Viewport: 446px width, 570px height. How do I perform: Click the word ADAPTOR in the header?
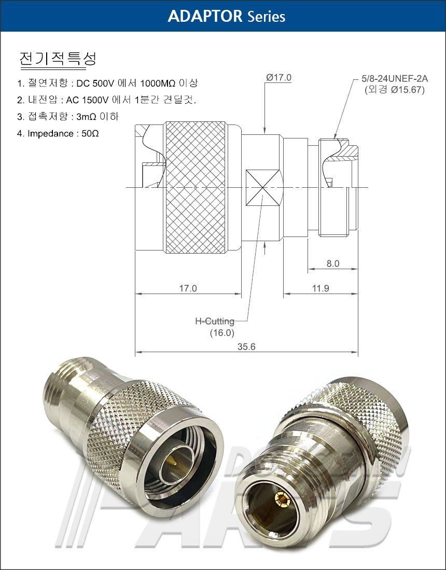coord(205,17)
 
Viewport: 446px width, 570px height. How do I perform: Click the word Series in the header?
coord(266,17)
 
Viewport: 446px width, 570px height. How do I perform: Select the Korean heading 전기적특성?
coord(58,58)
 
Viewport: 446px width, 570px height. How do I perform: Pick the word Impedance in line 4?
coord(50,134)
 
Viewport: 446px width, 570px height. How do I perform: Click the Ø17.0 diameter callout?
coord(278,77)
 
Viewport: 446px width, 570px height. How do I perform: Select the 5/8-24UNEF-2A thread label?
coord(395,78)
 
